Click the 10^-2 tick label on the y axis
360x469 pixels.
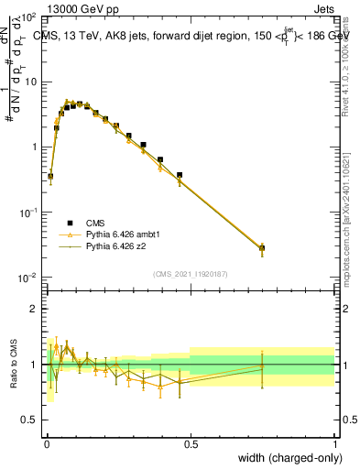click(x=27, y=278)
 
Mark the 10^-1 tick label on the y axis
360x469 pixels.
click(x=27, y=213)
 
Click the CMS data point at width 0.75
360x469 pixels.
click(x=262, y=248)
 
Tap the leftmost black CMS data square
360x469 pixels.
click(x=50, y=176)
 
